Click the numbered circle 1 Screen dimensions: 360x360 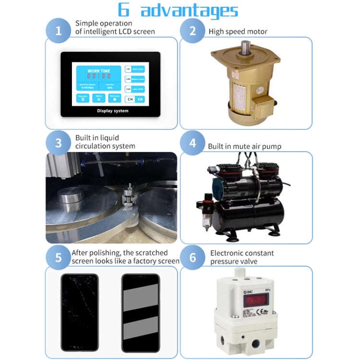pyautogui.click(x=59, y=32)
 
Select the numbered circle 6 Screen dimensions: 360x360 pyautogui.click(x=192, y=257)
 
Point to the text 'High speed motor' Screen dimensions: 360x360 pyautogui.click(x=238, y=32)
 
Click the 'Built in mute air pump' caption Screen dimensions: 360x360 pyautogui.click(x=244, y=146)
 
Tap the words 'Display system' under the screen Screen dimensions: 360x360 pyautogui.click(x=113, y=110)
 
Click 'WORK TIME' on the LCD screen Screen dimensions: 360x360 pyautogui.click(x=98, y=71)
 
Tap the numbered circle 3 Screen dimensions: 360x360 pyautogui.click(x=59, y=143)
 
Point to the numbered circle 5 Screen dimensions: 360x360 pyautogui.click(x=59, y=257)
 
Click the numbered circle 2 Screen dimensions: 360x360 pyautogui.click(x=192, y=32)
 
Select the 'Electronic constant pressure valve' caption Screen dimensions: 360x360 pyautogui.click(x=242, y=257)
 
